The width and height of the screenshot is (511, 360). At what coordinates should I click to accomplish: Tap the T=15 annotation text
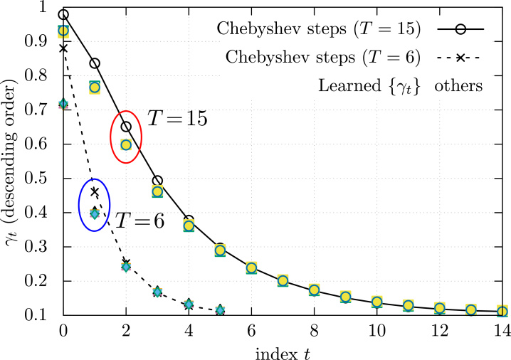(x=177, y=119)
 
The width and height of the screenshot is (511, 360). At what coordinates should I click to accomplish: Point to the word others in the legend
(x=460, y=86)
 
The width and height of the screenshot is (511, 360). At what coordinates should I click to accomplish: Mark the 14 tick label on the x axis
(x=502, y=330)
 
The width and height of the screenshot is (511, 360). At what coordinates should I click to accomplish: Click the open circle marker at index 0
(x=63, y=14)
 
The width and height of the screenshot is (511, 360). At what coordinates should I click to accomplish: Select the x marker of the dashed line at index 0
(x=63, y=48)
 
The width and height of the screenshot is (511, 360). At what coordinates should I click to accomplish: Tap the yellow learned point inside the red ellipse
(x=126, y=145)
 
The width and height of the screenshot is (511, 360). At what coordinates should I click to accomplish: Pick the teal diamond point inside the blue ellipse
(x=95, y=213)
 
